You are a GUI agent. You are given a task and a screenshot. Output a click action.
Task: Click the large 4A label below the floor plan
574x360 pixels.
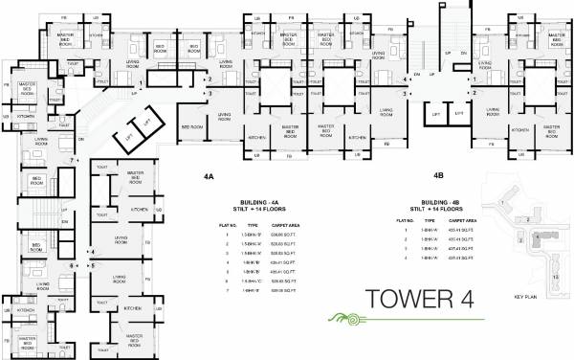click(x=210, y=177)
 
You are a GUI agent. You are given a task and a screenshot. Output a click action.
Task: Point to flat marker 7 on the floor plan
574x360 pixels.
click(x=71, y=173)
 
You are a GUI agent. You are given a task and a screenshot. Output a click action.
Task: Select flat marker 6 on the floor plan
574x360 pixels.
click(x=72, y=265)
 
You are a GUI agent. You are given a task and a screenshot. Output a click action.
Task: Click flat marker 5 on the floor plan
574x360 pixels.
click(x=92, y=265)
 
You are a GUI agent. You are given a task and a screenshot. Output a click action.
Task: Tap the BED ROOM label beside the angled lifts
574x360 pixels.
click(x=191, y=126)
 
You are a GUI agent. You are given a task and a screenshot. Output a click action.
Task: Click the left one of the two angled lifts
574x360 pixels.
click(x=126, y=141)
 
